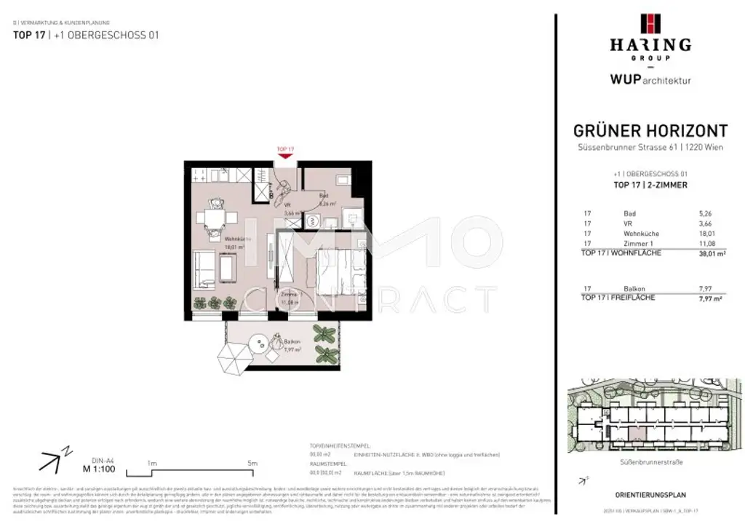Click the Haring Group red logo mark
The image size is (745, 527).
650,24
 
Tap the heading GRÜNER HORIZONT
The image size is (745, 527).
650,131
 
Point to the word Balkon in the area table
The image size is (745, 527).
634,289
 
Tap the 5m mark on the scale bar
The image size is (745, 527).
252,463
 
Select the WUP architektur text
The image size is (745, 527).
650,80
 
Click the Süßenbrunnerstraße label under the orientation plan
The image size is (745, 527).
651,461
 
